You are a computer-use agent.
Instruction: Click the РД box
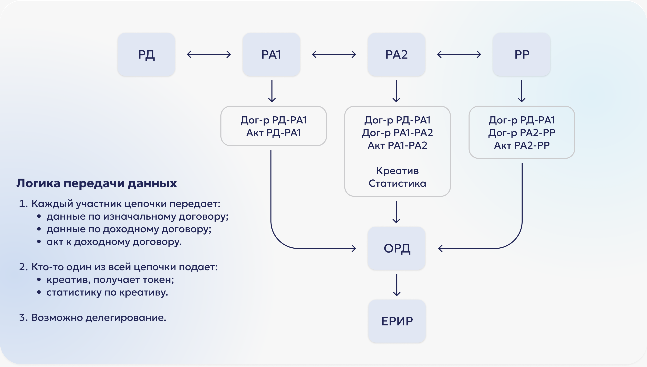click(146, 54)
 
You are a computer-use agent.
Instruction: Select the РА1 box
click(271, 54)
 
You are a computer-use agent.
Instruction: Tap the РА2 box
click(396, 54)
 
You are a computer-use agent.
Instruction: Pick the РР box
click(521, 54)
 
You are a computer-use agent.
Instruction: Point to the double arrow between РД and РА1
click(209, 54)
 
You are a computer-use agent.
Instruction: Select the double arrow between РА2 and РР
click(459, 54)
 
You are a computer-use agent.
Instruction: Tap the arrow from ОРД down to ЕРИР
click(397, 285)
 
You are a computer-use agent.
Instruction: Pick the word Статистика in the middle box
click(397, 183)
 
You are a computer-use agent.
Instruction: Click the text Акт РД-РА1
click(274, 133)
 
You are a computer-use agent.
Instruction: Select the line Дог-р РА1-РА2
click(397, 133)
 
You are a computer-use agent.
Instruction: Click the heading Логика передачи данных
click(97, 183)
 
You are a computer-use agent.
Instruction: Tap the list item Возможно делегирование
click(98, 318)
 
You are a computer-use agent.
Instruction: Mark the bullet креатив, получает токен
click(110, 280)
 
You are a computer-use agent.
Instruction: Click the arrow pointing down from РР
click(521, 91)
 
